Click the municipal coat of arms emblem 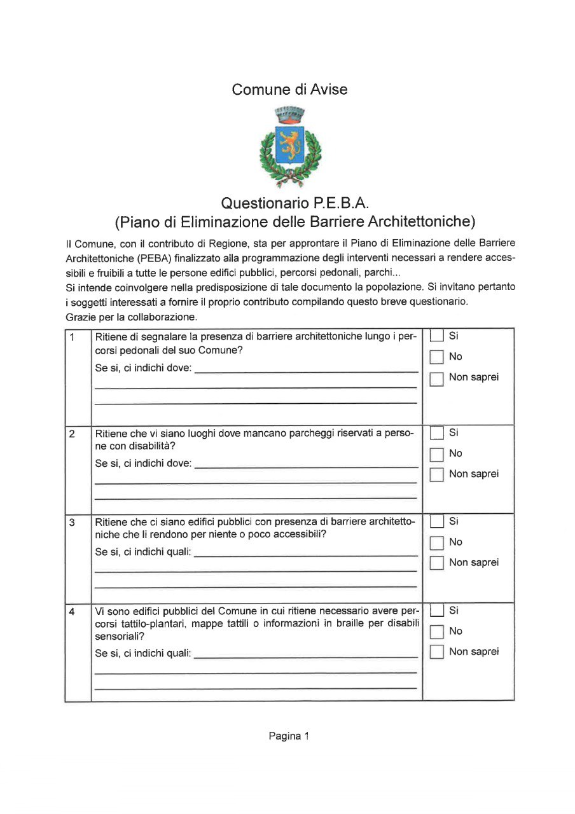(x=290, y=146)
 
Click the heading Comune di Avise (x=289, y=90)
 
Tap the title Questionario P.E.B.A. (x=295, y=203)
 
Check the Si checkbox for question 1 (x=436, y=336)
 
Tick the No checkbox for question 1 (x=436, y=357)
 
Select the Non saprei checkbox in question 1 (x=436, y=380)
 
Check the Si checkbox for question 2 (x=436, y=434)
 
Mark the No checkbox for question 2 (x=436, y=455)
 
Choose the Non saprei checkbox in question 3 (x=436, y=563)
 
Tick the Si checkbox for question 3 (x=436, y=522)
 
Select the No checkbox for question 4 (x=436, y=632)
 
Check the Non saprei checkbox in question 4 (x=436, y=652)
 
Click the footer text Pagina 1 (x=289, y=736)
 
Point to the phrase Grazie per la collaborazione (x=132, y=316)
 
